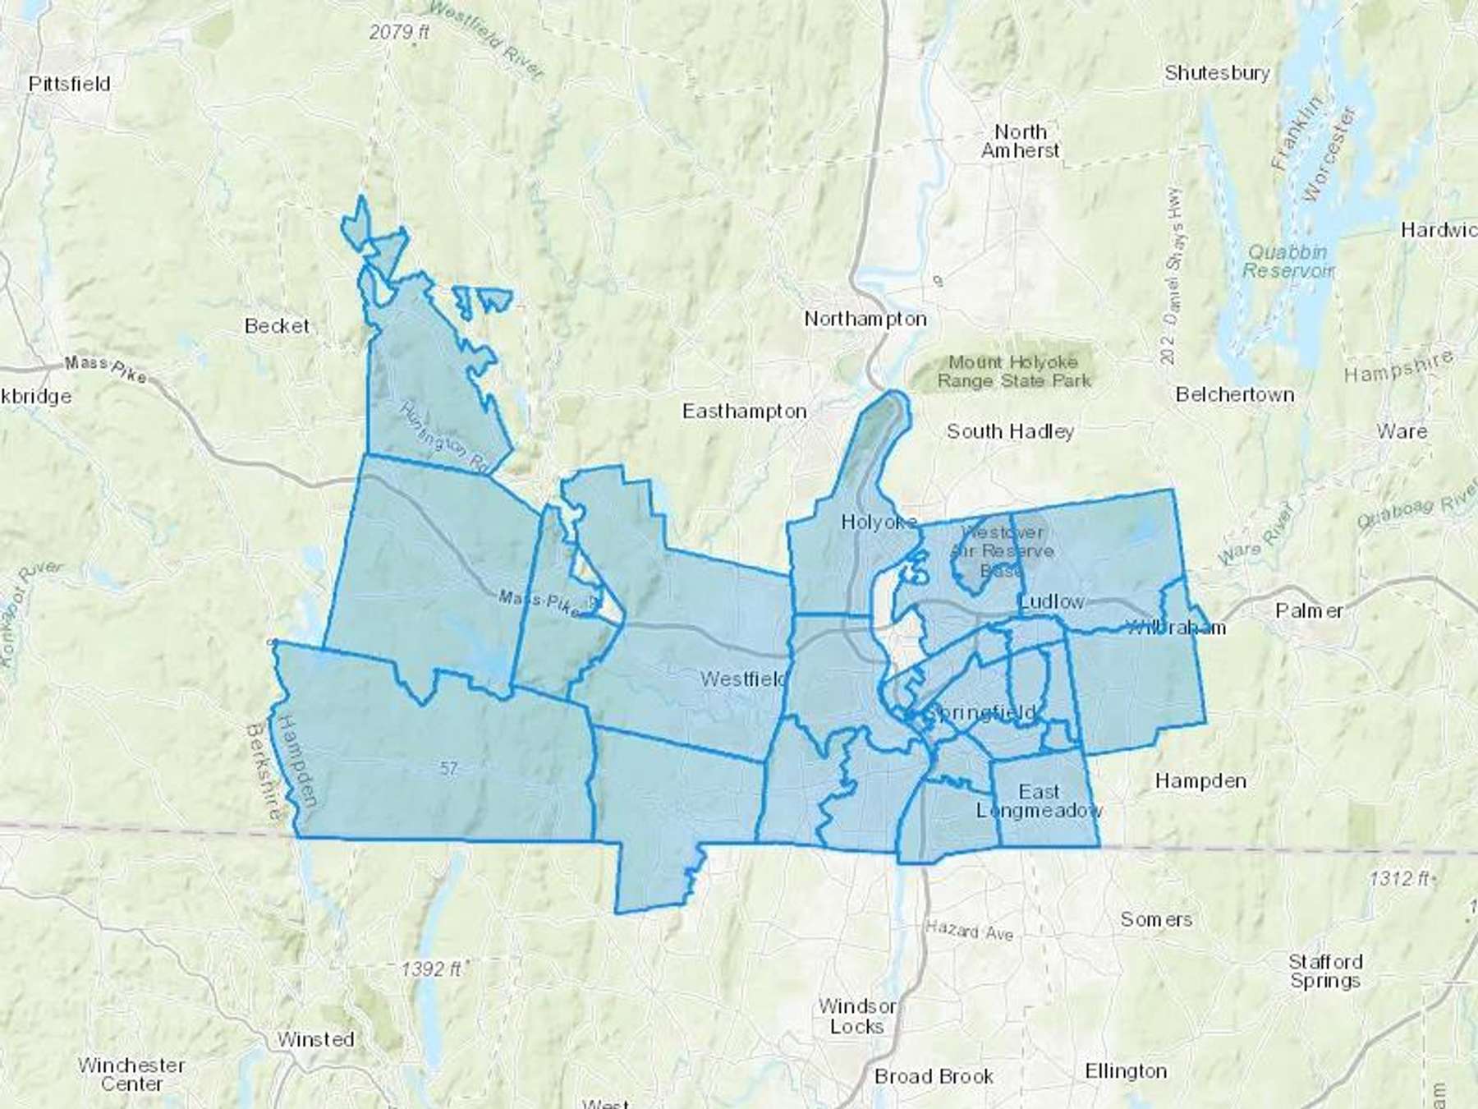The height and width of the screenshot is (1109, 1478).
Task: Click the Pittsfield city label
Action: coord(69,84)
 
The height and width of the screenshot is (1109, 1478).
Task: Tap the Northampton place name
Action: coord(865,319)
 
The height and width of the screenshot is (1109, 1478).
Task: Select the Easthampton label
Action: coord(745,411)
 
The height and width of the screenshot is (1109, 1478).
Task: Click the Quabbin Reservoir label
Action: coord(1287,261)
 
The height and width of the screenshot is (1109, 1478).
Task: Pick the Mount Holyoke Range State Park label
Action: coord(1014,371)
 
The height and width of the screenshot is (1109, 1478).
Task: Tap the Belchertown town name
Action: coord(1235,394)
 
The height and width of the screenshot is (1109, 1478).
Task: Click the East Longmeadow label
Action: coord(1040,801)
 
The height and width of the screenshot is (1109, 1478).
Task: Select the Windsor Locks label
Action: coord(856,1016)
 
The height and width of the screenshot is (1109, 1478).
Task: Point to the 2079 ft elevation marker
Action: coord(399,33)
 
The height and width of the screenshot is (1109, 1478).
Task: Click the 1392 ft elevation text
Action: coord(431,969)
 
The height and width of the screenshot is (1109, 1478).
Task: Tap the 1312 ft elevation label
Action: coord(1398,878)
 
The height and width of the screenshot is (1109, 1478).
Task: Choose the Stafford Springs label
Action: coord(1324,971)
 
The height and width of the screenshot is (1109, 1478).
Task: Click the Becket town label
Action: coord(277,326)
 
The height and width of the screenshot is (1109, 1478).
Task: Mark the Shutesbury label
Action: coord(1217,73)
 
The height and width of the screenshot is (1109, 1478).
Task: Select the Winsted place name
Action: coord(315,1039)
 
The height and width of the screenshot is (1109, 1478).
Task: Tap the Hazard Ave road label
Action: coord(970,932)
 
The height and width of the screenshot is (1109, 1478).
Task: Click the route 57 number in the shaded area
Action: coord(448,769)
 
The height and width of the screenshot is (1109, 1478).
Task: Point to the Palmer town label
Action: coord(1309,610)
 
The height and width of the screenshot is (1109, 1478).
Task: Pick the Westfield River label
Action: coord(486,41)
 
